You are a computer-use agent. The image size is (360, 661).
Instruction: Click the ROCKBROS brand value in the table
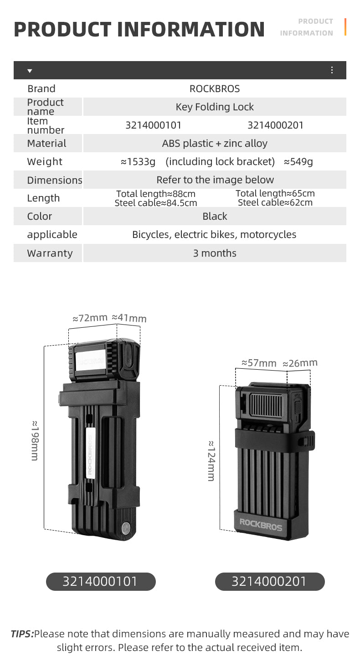pyautogui.click(x=215, y=88)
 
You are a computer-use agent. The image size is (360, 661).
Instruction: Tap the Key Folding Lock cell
pyautogui.click(x=215, y=107)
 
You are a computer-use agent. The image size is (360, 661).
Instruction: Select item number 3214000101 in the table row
pyautogui.click(x=153, y=125)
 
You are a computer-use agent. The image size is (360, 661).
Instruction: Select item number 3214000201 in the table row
pyautogui.click(x=275, y=125)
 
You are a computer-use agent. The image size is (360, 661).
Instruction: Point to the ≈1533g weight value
pyautogui.click(x=138, y=162)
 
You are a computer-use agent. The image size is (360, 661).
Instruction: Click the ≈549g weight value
pyautogui.click(x=298, y=162)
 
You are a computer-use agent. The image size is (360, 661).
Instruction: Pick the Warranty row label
pyautogui.click(x=50, y=253)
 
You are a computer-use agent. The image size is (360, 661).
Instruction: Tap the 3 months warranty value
pyautogui.click(x=215, y=253)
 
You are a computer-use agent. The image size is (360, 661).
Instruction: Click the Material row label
pyautogui.click(x=46, y=144)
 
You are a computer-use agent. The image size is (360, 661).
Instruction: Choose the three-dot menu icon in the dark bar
pyautogui.click(x=332, y=70)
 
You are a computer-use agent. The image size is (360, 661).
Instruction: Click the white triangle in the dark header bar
pyautogui.click(x=30, y=71)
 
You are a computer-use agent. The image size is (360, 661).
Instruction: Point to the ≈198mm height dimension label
pyautogui.click(x=35, y=440)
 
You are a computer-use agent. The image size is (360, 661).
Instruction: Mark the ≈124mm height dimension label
pyautogui.click(x=211, y=461)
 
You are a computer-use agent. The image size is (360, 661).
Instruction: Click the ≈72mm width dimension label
pyautogui.click(x=90, y=318)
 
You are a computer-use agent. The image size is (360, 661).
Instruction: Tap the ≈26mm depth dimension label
pyautogui.click(x=300, y=363)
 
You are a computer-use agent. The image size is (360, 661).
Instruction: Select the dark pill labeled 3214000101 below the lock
pyautogui.click(x=101, y=581)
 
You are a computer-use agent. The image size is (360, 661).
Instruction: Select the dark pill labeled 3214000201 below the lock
pyautogui.click(x=270, y=581)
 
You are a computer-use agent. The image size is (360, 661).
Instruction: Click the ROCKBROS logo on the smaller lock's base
pyautogui.click(x=261, y=525)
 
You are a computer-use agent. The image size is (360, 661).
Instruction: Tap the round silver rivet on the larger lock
pyautogui.click(x=126, y=527)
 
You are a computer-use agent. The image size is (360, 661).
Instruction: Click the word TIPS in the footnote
pyautogui.click(x=22, y=634)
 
